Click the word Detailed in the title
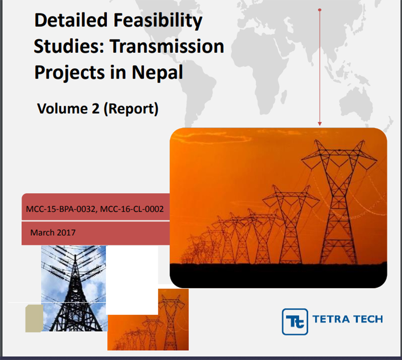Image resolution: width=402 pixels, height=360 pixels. [x=71, y=20]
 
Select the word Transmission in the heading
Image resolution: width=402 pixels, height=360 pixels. [x=167, y=46]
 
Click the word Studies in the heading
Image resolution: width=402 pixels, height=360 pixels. [x=69, y=46]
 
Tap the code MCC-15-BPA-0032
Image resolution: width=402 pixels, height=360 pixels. [x=61, y=209]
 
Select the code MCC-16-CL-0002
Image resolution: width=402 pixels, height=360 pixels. [x=132, y=209]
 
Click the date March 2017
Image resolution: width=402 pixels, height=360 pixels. [x=53, y=233]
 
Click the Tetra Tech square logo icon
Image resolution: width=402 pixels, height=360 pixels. [x=295, y=322]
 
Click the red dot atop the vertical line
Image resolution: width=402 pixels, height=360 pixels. [x=320, y=10]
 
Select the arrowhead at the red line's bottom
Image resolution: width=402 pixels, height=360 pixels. [x=320, y=124]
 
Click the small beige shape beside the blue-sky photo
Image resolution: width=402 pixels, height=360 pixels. [x=34, y=318]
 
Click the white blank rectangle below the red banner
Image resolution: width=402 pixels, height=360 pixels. [x=132, y=280]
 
